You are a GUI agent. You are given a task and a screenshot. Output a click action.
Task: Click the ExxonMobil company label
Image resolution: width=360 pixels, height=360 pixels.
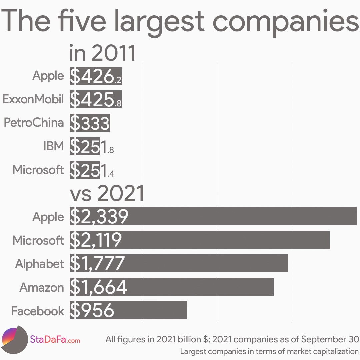(x=33, y=99)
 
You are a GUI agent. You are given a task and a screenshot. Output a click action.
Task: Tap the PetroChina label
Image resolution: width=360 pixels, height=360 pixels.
(x=34, y=123)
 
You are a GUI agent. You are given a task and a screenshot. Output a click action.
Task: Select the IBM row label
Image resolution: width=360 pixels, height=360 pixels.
(x=53, y=146)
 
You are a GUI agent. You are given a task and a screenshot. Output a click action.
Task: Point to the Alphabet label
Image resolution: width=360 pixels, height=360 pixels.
(x=39, y=264)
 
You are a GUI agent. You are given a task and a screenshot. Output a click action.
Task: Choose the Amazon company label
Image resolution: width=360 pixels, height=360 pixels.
(x=42, y=287)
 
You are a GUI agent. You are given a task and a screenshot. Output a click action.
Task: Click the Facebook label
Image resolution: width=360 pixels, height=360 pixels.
(x=37, y=311)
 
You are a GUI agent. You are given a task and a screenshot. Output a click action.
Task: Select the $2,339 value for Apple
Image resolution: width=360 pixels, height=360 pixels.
(x=99, y=217)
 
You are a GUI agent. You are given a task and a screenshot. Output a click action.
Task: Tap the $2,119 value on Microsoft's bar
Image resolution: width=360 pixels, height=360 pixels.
(x=96, y=240)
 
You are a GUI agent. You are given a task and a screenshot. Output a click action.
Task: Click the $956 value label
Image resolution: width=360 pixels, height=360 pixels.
(x=92, y=310)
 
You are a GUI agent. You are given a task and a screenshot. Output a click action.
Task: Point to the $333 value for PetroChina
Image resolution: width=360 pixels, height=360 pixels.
(x=90, y=123)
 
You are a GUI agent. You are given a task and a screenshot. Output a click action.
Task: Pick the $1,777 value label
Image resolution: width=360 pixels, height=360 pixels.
(x=97, y=263)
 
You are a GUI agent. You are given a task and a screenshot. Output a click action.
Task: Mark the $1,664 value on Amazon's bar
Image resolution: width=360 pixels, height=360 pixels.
(x=98, y=287)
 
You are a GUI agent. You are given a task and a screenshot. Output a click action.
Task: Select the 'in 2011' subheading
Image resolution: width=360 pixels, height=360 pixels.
(x=102, y=53)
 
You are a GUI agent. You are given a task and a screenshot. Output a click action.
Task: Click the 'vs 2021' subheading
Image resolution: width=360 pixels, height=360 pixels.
(x=106, y=194)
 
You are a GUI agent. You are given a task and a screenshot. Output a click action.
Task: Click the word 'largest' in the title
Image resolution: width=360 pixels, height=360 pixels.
(x=159, y=21)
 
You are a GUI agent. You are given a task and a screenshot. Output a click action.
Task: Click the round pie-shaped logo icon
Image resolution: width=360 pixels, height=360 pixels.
(x=14, y=340)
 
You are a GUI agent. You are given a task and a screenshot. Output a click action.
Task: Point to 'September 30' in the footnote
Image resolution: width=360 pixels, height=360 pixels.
(x=330, y=339)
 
